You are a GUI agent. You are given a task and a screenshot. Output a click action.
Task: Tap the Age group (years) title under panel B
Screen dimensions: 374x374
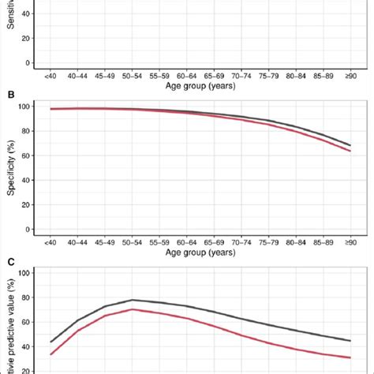coord(199,252)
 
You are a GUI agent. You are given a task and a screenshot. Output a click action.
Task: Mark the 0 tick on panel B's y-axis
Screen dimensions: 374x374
coord(28,230)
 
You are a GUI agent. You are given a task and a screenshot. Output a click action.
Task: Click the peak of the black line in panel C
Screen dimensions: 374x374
coord(133,300)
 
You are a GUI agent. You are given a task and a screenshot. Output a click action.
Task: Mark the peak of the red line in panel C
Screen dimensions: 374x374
coord(133,309)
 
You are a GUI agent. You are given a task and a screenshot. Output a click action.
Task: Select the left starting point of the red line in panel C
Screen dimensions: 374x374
coord(50,354)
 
